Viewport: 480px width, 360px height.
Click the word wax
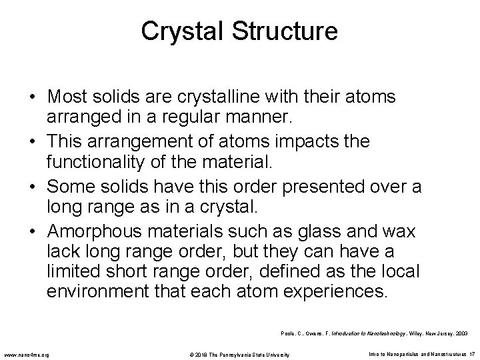click(x=399, y=231)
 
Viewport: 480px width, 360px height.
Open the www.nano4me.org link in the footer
click(x=29, y=353)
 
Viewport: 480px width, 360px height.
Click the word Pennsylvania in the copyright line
click(x=243, y=353)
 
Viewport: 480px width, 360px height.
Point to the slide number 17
click(x=471, y=353)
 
